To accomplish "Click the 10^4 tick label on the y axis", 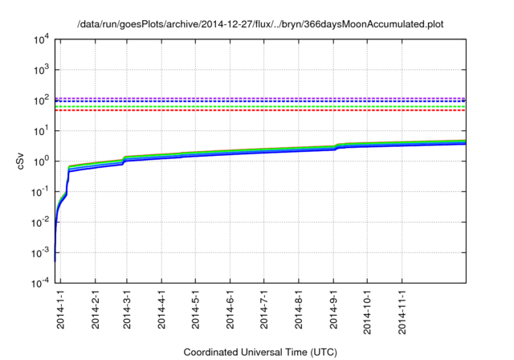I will click(39, 39).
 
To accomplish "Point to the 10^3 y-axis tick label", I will click(39, 70).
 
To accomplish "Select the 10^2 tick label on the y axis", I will click(39, 100).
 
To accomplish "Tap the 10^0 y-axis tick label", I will click(39, 162).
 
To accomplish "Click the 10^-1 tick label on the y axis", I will click(39, 192).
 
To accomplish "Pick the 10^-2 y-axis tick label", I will click(39, 223).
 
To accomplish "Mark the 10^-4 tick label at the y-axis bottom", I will click(39, 284).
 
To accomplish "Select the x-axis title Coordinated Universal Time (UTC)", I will click(259, 352).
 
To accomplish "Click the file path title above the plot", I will click(259, 25).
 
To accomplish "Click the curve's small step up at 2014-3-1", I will click(124, 160).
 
